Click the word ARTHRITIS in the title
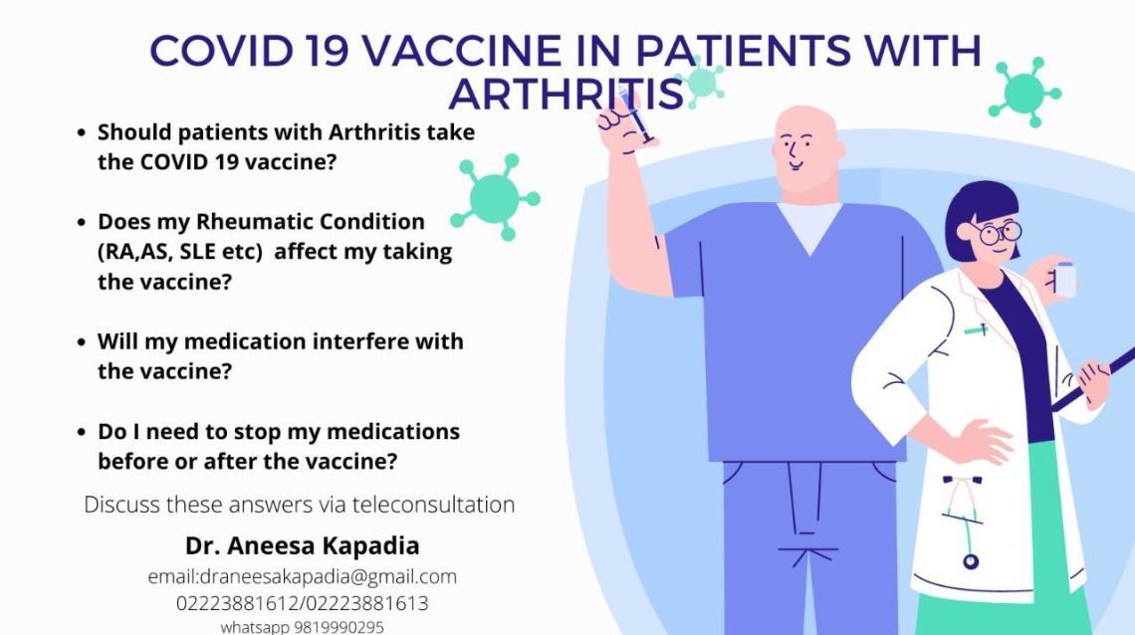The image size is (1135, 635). [566, 94]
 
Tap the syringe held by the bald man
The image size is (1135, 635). [633, 111]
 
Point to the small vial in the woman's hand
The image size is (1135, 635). [1064, 279]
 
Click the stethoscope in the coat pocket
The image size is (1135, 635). [961, 523]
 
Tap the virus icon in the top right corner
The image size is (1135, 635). [1022, 94]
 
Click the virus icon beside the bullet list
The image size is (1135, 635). [495, 198]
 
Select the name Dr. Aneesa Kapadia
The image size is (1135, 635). [302, 545]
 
